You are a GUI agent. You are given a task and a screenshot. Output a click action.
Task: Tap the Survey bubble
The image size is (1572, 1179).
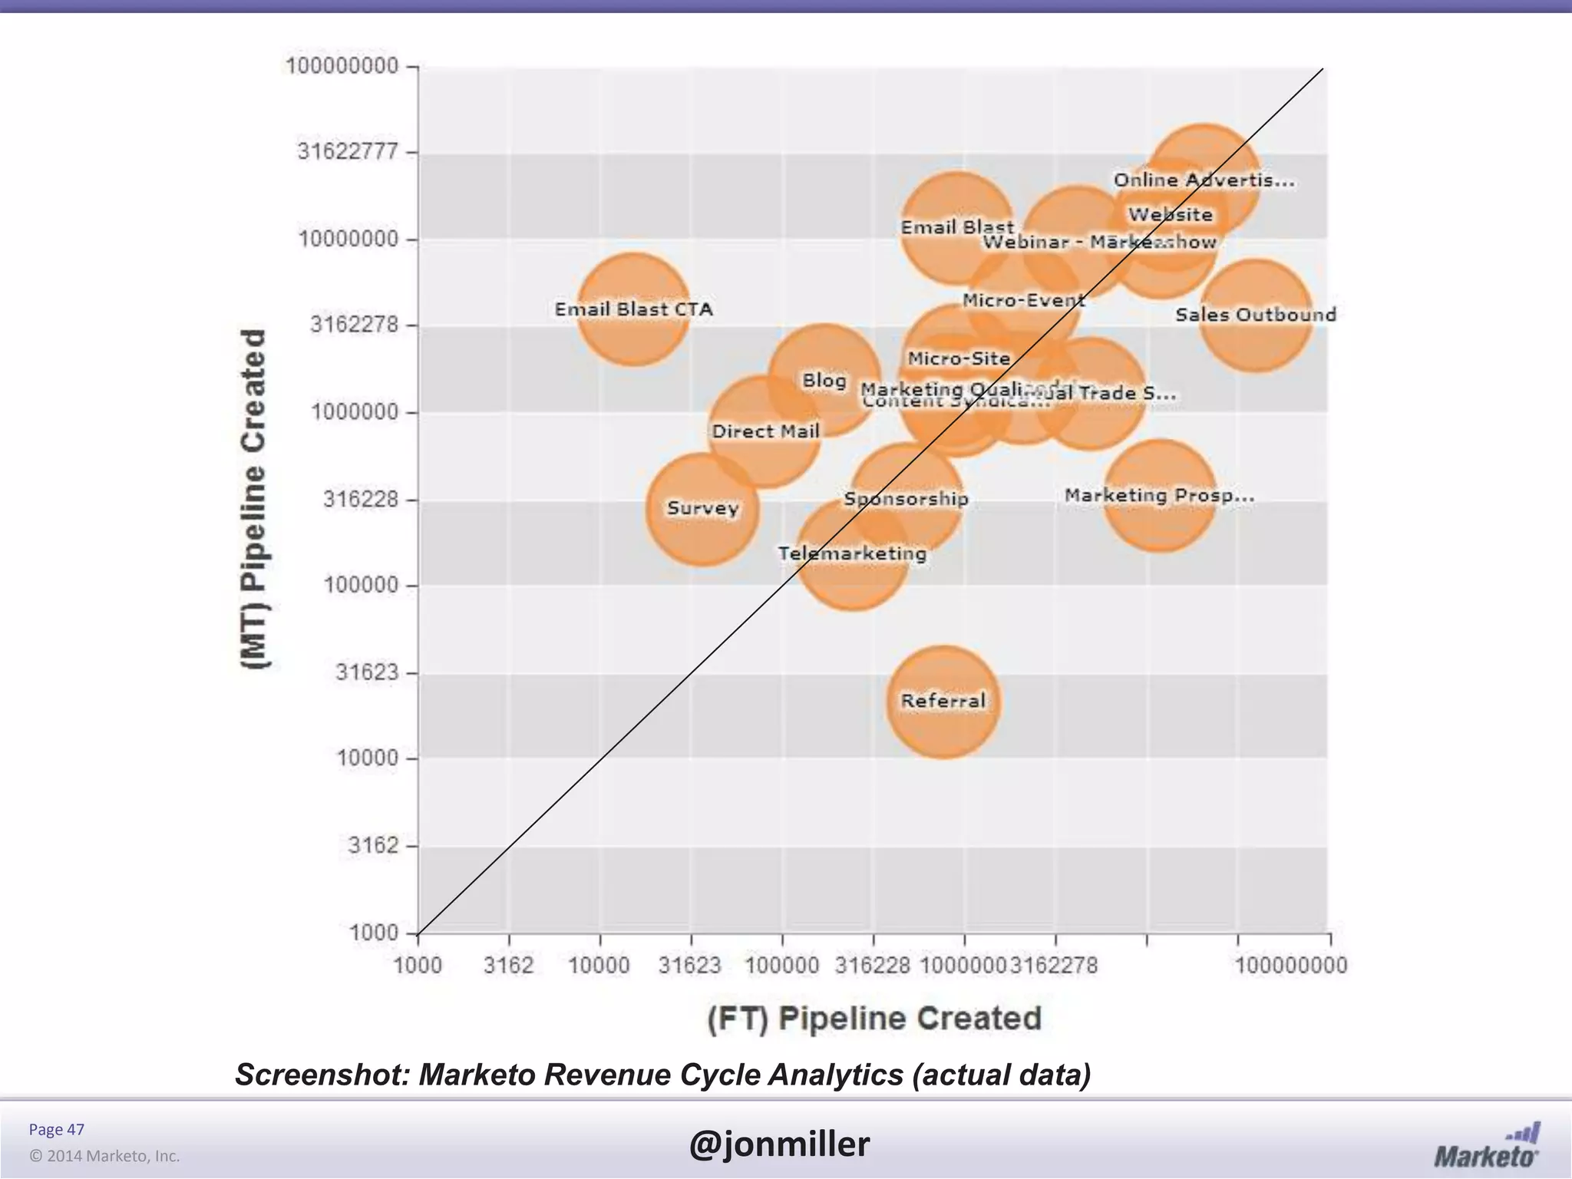702,509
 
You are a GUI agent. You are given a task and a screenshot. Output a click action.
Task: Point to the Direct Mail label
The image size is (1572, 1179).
765,431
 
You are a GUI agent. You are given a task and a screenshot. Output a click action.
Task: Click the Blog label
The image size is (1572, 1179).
824,381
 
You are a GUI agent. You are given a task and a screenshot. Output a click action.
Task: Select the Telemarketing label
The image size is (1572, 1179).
852,553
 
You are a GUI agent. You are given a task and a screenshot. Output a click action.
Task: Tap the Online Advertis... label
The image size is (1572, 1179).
1204,180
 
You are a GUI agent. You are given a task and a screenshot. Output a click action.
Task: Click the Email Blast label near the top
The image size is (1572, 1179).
956,227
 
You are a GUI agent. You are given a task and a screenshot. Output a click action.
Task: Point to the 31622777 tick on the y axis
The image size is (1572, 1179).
348,151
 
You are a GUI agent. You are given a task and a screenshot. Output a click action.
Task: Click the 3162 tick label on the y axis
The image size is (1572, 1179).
373,846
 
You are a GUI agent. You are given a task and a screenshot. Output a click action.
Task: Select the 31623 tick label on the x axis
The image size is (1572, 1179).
689,966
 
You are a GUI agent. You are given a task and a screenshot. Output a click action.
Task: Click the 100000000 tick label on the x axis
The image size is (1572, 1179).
1290,966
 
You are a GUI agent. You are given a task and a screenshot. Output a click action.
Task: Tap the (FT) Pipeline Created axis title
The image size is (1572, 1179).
874,1019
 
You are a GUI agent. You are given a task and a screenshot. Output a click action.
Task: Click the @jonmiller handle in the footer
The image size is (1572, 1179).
779,1144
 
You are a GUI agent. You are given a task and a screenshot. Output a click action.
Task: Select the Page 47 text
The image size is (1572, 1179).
56,1129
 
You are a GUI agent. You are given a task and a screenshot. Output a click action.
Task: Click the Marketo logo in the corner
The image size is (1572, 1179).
1487,1147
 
